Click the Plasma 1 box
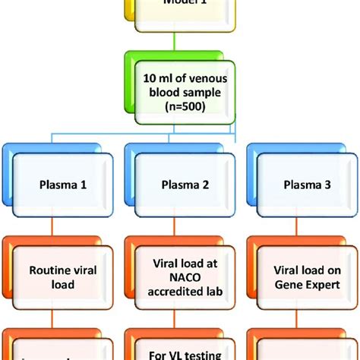[x=62, y=185]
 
